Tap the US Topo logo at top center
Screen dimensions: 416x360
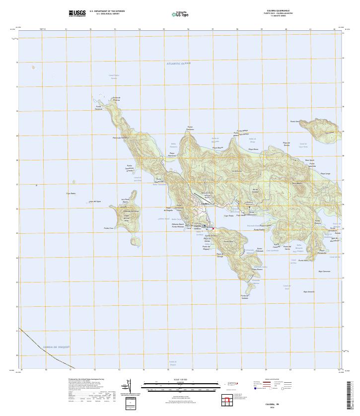pyautogui.click(x=180, y=14)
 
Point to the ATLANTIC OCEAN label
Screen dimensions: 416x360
pyautogui.click(x=179, y=64)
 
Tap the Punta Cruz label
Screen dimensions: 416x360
pyautogui.click(x=109, y=228)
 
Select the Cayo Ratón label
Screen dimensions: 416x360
pyautogui.click(x=71, y=194)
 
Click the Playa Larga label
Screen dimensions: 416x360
pyautogui.click(x=325, y=173)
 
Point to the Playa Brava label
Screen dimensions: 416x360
pyautogui.click(x=253, y=149)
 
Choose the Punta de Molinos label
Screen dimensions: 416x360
pyautogui.click(x=116, y=98)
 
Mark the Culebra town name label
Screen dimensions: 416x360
pyautogui.click(x=206, y=204)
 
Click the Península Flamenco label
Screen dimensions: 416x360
pyautogui.click(x=121, y=138)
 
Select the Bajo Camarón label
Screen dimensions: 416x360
pyautogui.click(x=324, y=272)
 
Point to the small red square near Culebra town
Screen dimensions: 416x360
pyautogui.click(x=214, y=228)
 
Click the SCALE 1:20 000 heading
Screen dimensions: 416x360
pyautogui.click(x=180, y=380)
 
